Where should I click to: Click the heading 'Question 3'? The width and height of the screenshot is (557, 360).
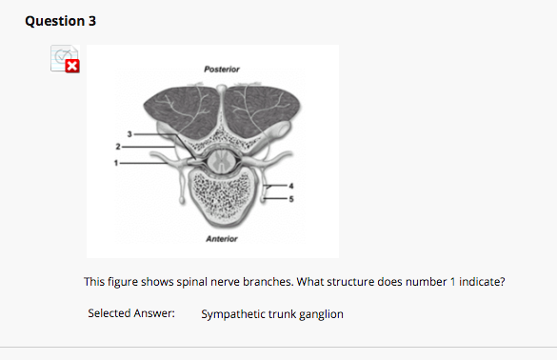[61, 21]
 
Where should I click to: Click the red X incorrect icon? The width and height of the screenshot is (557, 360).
[72, 66]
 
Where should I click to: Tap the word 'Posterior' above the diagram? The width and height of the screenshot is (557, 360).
[223, 70]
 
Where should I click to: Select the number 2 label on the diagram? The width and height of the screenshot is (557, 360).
[116, 147]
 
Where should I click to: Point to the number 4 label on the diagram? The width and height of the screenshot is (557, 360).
[294, 186]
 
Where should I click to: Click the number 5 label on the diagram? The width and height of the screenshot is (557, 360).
[294, 200]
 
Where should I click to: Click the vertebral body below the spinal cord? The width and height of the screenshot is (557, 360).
[226, 199]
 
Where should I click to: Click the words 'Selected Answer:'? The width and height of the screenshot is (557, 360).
[131, 313]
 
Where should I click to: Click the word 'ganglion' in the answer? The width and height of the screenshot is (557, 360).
[321, 313]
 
